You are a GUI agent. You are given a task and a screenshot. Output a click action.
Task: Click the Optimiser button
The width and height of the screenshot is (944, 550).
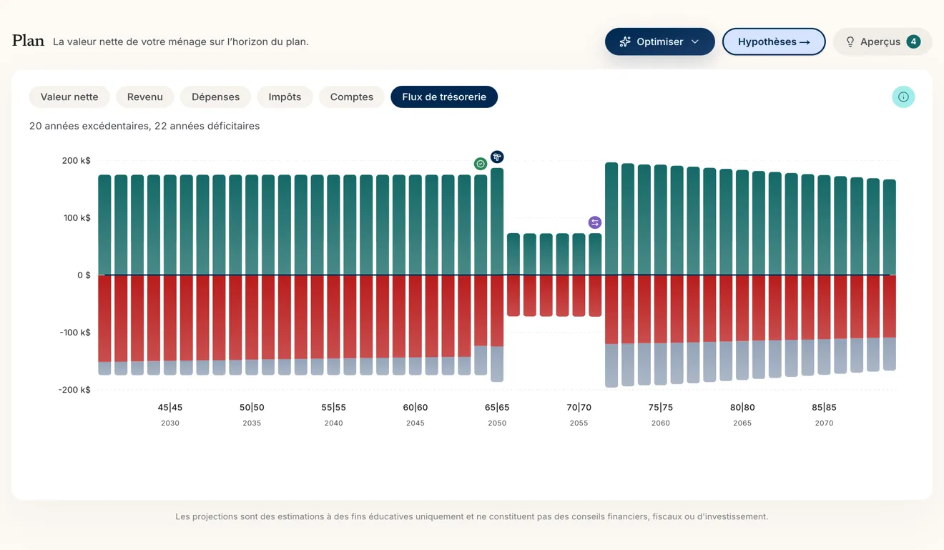[x=659, y=41]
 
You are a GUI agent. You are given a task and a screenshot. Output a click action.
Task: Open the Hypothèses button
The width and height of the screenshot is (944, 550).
[x=774, y=41]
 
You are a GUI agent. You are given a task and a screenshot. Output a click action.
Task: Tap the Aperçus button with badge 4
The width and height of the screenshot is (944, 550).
[x=882, y=41]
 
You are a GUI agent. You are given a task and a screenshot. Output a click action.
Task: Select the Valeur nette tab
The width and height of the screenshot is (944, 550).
[x=69, y=97]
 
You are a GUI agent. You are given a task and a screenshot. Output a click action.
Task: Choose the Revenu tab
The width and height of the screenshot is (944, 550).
[x=145, y=97]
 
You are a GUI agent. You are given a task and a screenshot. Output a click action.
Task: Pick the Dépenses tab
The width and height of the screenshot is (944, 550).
[x=215, y=97]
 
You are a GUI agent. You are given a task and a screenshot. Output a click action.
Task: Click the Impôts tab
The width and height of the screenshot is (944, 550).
[x=285, y=97]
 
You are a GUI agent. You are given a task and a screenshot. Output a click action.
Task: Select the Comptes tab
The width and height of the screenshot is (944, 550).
[x=351, y=97]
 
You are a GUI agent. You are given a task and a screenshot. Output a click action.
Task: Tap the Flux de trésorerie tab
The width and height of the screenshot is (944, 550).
[x=444, y=97]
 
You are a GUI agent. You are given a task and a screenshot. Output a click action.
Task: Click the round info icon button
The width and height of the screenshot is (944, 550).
[x=903, y=97]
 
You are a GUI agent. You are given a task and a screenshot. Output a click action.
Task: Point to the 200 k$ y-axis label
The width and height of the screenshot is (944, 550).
[x=77, y=161]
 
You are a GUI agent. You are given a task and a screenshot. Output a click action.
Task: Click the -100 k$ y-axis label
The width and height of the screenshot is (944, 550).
[x=75, y=333]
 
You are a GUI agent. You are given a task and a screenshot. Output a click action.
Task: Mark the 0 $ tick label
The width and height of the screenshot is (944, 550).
[x=84, y=275]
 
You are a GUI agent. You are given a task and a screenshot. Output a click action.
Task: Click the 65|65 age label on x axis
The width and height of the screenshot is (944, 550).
[x=497, y=408]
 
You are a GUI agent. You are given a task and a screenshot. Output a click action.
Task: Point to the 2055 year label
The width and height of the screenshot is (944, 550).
[x=579, y=423]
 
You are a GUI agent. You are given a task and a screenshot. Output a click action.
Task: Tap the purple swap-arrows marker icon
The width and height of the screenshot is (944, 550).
[x=594, y=222]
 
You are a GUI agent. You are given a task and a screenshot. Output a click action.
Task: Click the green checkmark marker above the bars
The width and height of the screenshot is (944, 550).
[x=481, y=164]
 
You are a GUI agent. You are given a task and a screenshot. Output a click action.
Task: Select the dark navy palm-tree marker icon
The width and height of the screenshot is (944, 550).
[x=497, y=157]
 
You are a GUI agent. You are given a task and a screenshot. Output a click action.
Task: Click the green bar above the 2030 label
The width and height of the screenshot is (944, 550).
[x=169, y=225]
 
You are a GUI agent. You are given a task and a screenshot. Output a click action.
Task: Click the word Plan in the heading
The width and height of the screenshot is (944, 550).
[x=28, y=41]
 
